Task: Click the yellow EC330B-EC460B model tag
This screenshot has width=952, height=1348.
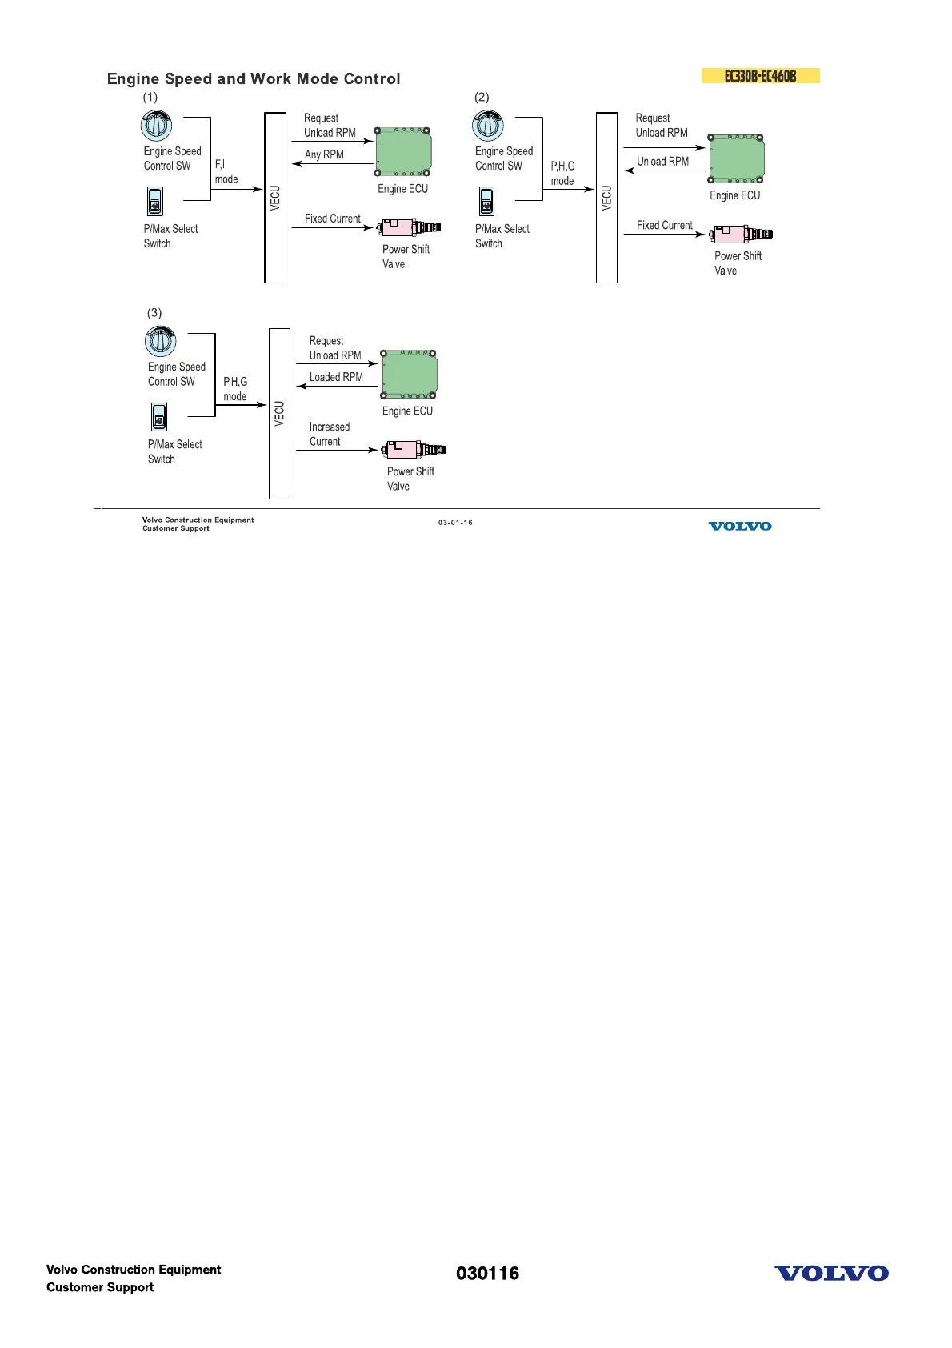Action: point(760,76)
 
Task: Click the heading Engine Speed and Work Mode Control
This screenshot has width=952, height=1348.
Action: point(254,78)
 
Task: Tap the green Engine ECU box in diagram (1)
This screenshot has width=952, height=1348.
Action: point(403,151)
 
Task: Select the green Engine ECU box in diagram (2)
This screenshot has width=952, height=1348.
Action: point(736,158)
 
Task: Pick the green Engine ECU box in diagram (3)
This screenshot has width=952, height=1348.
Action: point(409,374)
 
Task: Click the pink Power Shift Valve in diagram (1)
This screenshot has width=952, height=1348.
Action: point(409,227)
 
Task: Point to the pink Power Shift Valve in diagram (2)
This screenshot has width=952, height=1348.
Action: point(741,235)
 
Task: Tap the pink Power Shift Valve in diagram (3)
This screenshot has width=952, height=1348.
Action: point(414,449)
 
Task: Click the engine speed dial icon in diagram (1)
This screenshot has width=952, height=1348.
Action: point(156,125)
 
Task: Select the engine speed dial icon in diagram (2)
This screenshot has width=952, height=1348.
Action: point(488,126)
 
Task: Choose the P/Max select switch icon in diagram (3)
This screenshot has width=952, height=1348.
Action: point(159,417)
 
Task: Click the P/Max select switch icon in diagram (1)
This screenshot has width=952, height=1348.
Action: point(155,201)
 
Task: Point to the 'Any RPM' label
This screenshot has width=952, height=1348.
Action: point(324,154)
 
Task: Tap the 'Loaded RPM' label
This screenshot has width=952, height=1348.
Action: point(336,377)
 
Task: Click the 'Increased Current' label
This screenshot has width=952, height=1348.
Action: point(329,434)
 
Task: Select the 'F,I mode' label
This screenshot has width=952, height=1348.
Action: point(226,171)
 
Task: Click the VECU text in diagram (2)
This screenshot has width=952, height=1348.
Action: point(606,198)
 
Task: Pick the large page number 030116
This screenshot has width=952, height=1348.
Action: point(487,1274)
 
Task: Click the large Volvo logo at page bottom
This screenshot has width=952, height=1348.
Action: point(831,1273)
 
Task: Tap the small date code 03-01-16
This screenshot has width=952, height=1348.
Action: point(455,523)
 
